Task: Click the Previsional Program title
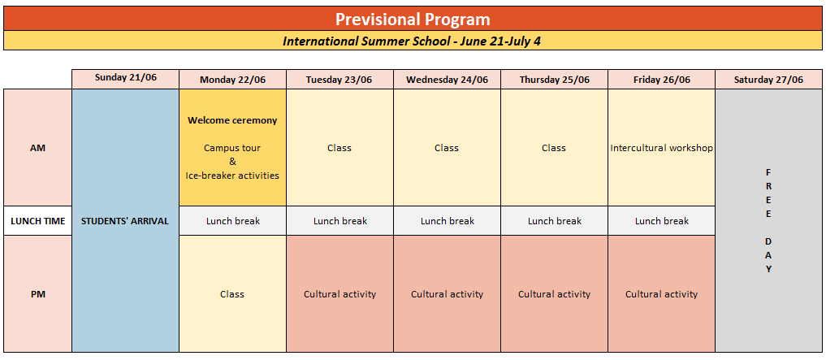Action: (413, 20)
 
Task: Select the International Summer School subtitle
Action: (412, 41)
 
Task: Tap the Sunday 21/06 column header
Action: (126, 77)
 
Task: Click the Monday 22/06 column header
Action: (233, 80)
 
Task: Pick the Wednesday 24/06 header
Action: (448, 80)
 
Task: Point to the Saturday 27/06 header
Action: (768, 80)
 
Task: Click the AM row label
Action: (38, 148)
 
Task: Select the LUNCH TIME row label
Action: (38, 221)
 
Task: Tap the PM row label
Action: (38, 294)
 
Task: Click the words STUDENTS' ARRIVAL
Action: (125, 221)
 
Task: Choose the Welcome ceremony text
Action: (232, 120)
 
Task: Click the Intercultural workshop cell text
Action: (662, 148)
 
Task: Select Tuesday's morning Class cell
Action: (339, 148)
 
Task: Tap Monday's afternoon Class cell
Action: (233, 293)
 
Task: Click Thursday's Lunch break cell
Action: (554, 221)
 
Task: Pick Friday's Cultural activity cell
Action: (662, 293)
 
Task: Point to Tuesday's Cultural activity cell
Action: (339, 293)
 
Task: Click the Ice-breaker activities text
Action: (232, 176)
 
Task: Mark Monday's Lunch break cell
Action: (233, 221)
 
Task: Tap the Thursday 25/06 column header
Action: (555, 80)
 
